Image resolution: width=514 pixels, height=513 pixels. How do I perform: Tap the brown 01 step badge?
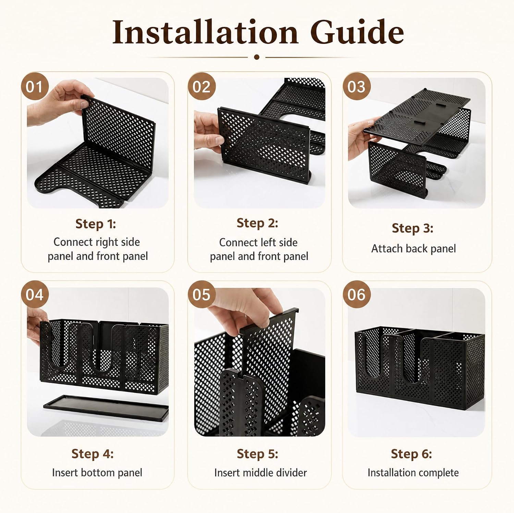point(35,87)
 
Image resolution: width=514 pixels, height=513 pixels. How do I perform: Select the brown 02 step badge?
point(201,87)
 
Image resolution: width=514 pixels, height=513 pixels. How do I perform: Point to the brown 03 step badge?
point(357,87)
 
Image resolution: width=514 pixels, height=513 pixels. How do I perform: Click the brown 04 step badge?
point(35,295)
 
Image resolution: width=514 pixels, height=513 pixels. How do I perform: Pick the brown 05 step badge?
point(201,295)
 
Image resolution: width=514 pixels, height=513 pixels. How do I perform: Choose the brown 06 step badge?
point(357,295)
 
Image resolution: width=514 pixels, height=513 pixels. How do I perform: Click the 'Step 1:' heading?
point(96,224)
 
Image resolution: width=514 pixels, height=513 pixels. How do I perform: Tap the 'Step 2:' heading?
point(257,223)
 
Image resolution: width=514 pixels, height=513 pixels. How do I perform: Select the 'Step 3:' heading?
point(413,228)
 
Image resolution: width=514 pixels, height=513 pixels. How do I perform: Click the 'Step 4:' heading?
point(93,454)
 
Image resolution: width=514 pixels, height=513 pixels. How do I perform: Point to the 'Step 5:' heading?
point(257,454)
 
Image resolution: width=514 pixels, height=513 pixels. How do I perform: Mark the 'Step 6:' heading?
point(412,454)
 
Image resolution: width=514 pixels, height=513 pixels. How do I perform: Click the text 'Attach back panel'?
point(414,249)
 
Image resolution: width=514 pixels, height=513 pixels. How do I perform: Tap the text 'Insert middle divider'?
point(260,473)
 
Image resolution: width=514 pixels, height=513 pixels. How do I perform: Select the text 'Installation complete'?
point(413,473)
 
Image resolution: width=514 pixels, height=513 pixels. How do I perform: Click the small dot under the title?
point(257,57)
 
